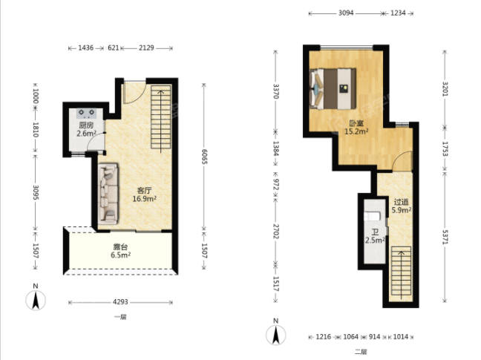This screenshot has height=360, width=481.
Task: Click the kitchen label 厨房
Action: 86,125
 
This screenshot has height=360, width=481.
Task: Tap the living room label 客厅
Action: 144,191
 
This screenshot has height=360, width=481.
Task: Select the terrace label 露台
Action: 120,247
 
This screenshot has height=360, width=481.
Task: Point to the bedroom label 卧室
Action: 356,123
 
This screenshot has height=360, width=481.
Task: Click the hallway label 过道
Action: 402,202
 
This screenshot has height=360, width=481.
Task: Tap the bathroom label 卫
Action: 375,232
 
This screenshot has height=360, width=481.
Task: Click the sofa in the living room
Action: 108,192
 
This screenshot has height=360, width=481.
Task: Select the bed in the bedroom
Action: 333,89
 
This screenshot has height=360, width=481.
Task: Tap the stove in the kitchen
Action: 87,114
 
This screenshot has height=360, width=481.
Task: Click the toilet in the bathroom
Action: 372,217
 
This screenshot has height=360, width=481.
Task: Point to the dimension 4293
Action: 120,302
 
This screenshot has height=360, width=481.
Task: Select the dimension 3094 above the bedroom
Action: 346,13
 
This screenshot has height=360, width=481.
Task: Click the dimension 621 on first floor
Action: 113,48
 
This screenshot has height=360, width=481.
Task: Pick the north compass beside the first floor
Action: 36,298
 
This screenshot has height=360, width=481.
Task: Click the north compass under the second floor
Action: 276,332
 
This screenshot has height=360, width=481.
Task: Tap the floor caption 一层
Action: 120,317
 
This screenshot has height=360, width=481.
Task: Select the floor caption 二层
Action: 361,352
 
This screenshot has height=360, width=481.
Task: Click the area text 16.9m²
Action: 145,199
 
